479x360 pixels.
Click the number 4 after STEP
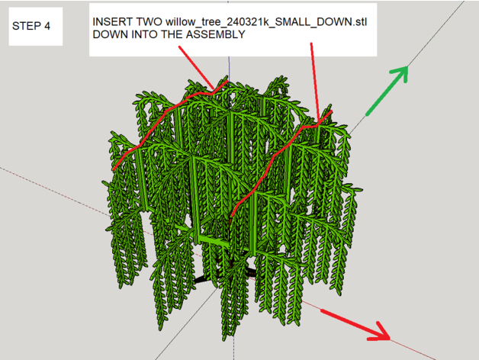(47, 26)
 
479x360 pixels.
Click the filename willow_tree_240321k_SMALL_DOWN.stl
(266, 22)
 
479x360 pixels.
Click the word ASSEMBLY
(216, 34)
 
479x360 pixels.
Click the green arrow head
(400, 73)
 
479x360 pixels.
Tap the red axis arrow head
(381, 333)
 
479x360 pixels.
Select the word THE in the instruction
(172, 34)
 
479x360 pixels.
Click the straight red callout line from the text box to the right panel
(315, 82)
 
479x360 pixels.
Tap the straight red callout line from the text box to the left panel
(196, 67)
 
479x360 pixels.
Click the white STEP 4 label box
(36, 27)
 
